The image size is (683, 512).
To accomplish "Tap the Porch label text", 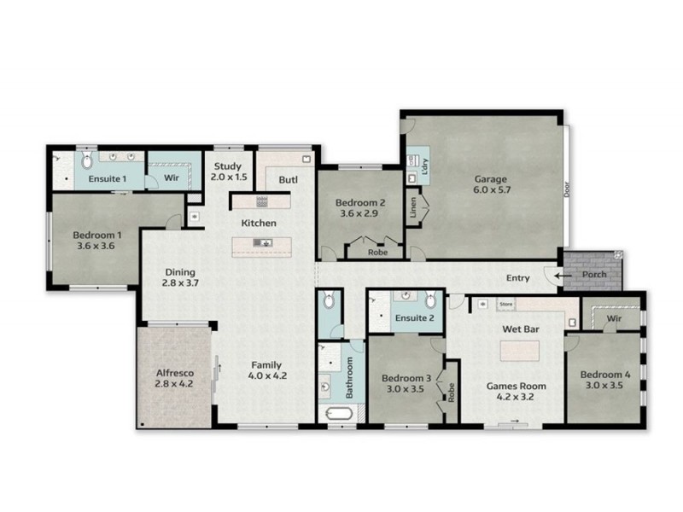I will point(593,275).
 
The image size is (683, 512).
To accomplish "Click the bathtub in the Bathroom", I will point(336,415).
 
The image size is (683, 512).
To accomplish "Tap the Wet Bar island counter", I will point(519,350).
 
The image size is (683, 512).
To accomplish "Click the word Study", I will point(228,166).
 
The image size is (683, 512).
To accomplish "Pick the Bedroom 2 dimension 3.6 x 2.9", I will point(359,215).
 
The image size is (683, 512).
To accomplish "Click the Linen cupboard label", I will point(413,209).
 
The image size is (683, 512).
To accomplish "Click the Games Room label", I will point(516,386).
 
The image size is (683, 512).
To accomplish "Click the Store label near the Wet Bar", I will point(505,303).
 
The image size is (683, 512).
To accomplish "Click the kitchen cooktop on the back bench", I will point(261,201).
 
